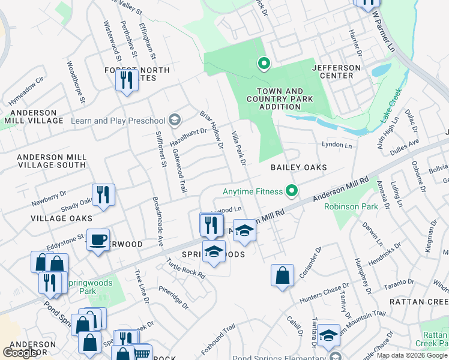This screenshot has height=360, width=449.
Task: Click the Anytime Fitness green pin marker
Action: [292, 191]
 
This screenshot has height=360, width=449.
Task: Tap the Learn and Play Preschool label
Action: [119, 121]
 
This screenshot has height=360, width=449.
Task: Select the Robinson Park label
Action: [351, 207]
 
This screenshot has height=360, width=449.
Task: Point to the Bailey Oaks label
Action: [298, 167]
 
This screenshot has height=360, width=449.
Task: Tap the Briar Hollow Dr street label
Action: [211, 127]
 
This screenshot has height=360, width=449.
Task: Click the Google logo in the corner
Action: [20, 353]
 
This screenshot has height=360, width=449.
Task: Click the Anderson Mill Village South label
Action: [52, 161]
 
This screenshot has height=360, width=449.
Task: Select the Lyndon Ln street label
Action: [336, 145]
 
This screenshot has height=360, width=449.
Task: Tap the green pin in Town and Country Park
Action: [263, 62]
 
